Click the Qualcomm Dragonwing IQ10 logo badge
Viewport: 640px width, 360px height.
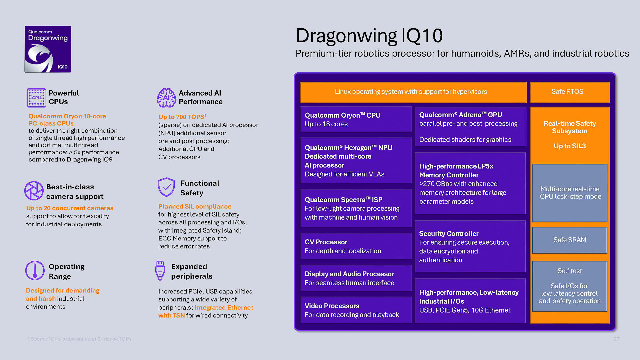(48, 49)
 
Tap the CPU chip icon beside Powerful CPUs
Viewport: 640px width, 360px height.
(36, 98)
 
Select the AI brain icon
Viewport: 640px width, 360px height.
(166, 98)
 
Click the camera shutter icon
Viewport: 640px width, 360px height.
(34, 191)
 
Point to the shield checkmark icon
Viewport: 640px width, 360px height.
(166, 187)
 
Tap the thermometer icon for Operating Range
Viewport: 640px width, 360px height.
(35, 270)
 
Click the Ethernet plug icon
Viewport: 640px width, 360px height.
(160, 270)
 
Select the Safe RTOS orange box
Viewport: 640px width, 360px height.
(569, 92)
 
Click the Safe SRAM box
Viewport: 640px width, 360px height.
(569, 240)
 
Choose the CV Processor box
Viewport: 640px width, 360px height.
(356, 246)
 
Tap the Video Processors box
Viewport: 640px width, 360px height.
(356, 310)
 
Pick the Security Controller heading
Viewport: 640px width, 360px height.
(449, 234)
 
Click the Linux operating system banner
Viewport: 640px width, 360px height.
(413, 92)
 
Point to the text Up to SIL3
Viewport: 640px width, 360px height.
(570, 146)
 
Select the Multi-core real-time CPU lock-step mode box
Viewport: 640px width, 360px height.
(570, 193)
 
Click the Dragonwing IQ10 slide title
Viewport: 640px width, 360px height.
(369, 36)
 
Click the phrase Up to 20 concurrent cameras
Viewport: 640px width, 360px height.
(70, 208)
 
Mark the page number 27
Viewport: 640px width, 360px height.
(616, 339)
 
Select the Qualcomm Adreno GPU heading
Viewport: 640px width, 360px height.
(460, 115)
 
